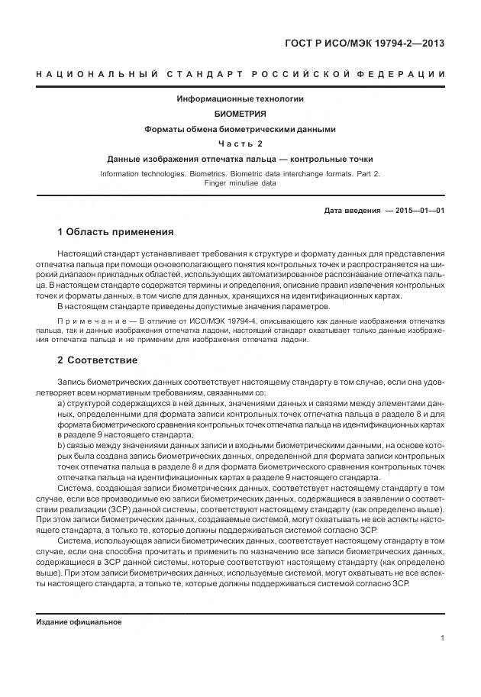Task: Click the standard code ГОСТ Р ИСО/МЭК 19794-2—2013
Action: pyautogui.click(x=363, y=43)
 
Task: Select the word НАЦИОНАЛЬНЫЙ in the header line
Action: pyautogui.click(x=96, y=74)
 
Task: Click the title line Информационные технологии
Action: pyautogui.click(x=240, y=99)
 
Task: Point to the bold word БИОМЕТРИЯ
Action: pyautogui.click(x=240, y=114)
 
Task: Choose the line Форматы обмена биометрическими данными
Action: pyautogui.click(x=240, y=129)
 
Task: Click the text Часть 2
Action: pyautogui.click(x=240, y=144)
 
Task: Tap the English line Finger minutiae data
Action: pyautogui.click(x=240, y=184)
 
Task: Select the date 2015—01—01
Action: pyautogui.click(x=419, y=210)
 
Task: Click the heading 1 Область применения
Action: pyautogui.click(x=115, y=231)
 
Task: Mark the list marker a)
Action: pyautogui.click(x=61, y=402)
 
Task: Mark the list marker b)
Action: pyautogui.click(x=61, y=445)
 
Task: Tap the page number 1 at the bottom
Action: pyautogui.click(x=442, y=638)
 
